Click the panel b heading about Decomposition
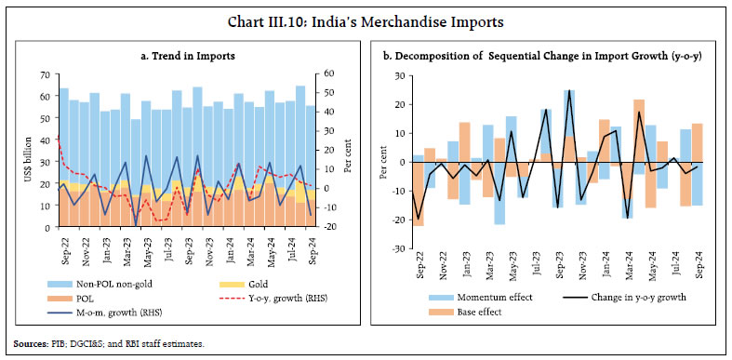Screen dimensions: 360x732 point(549,57)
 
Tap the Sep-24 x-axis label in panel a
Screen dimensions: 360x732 point(311,246)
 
